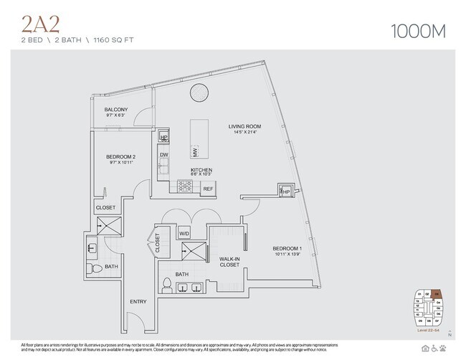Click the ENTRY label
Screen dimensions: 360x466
click(138, 302)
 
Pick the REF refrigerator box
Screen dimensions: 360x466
click(208, 189)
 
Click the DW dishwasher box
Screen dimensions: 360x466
click(164, 154)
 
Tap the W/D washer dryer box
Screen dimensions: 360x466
click(184, 234)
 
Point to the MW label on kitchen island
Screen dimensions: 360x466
click(194, 151)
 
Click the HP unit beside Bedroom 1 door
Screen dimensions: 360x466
click(285, 191)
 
